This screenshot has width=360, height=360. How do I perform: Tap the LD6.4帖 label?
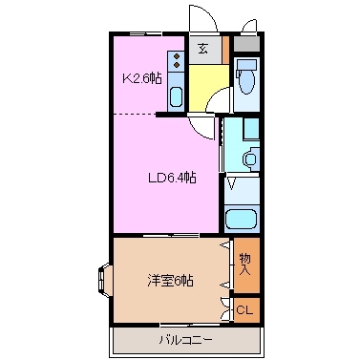tap(171, 177)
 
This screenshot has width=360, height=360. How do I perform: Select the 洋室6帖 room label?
tap(170, 281)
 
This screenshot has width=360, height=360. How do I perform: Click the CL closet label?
tap(244, 309)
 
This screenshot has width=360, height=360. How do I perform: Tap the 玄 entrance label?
tap(203, 49)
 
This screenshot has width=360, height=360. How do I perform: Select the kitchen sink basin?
tap(176, 96)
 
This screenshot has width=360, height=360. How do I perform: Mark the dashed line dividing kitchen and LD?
tap(134, 116)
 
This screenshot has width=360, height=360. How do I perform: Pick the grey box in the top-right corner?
tap(247, 42)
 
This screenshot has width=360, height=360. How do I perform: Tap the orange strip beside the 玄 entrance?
tap(225, 49)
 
